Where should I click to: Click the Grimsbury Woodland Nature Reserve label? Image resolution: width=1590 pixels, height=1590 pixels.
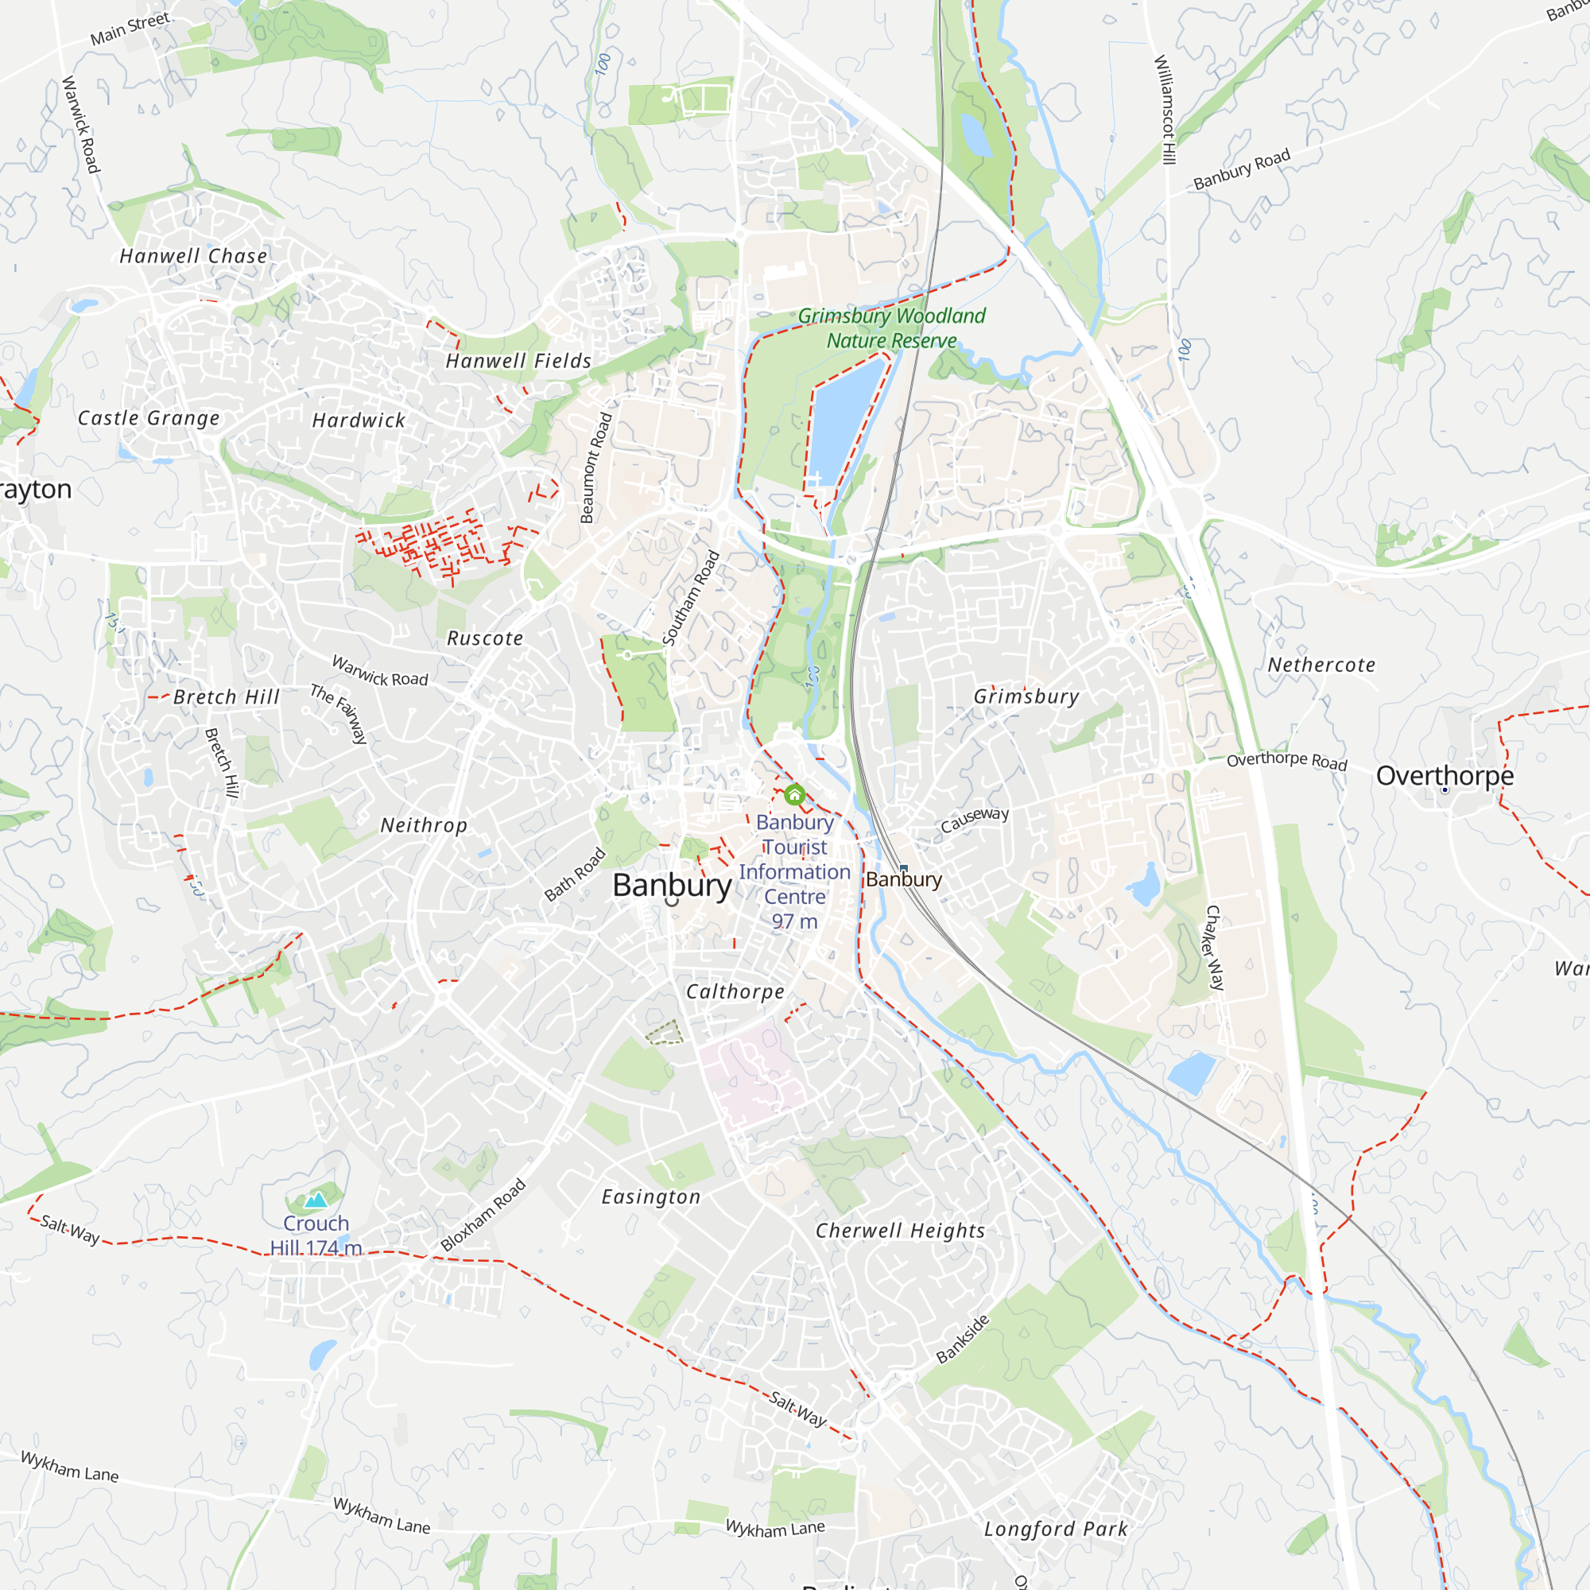891,328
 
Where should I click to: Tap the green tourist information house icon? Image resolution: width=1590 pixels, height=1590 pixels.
794,795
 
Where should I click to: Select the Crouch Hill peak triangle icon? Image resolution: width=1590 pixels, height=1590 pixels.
316,1200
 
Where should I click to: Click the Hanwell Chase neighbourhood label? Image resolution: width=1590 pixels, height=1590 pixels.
193,256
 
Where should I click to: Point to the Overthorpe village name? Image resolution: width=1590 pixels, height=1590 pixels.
1445,775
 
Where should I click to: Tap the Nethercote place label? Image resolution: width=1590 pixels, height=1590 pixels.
1320,665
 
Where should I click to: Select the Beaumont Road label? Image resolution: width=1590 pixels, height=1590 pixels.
595,467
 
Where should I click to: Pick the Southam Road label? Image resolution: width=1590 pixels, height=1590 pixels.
692,599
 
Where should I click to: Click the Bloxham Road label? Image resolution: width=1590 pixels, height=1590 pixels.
483,1215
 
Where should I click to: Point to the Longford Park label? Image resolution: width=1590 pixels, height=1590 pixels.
1056,1529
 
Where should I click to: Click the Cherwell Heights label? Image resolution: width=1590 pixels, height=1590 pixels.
901,1231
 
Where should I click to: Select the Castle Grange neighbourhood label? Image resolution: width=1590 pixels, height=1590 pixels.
149,418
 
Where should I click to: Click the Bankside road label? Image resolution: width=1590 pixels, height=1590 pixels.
963,1339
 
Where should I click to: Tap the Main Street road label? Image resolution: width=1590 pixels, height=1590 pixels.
130,28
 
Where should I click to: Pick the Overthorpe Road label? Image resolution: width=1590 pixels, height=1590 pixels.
1286,761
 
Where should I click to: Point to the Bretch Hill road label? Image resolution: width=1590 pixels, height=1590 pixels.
221,763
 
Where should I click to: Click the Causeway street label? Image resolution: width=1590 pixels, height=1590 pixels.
975,819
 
